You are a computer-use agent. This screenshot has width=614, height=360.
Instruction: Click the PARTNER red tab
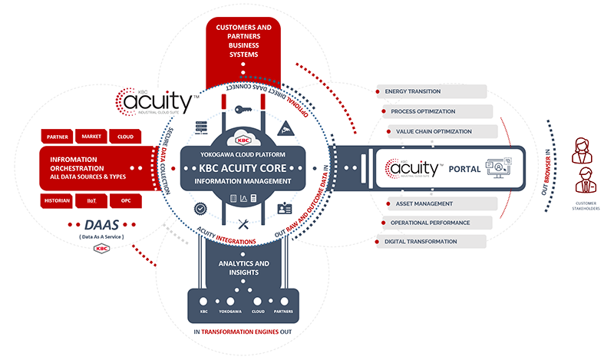[58, 137]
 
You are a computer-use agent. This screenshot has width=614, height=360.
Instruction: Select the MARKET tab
[91, 137]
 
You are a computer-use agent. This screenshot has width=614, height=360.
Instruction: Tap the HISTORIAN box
[58, 200]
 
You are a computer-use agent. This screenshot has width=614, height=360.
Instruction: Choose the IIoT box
[92, 200]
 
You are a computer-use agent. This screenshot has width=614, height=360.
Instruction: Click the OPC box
[125, 200]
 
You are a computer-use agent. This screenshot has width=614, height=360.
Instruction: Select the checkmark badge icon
[201, 207]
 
